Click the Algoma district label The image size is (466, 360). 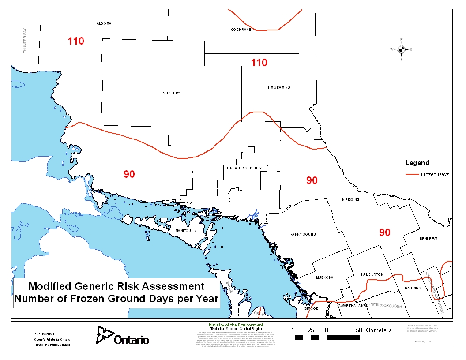click(x=104, y=23)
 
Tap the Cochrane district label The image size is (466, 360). click(x=241, y=30)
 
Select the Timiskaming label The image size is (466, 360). click(x=278, y=87)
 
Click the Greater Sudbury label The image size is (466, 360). click(x=244, y=168)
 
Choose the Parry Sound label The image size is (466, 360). click(x=303, y=234)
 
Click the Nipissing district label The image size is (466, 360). click(x=350, y=199)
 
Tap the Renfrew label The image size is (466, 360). click(x=428, y=239)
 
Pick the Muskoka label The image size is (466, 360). click(x=324, y=277)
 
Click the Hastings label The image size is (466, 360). click(x=412, y=288)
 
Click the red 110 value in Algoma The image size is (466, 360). click(x=76, y=41)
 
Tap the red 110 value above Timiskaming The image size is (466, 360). click(x=259, y=63)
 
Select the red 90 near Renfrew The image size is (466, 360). click(x=385, y=232)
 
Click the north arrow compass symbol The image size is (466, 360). click(x=401, y=49)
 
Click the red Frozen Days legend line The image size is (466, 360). click(x=412, y=174)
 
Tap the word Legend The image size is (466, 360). click(x=417, y=163)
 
